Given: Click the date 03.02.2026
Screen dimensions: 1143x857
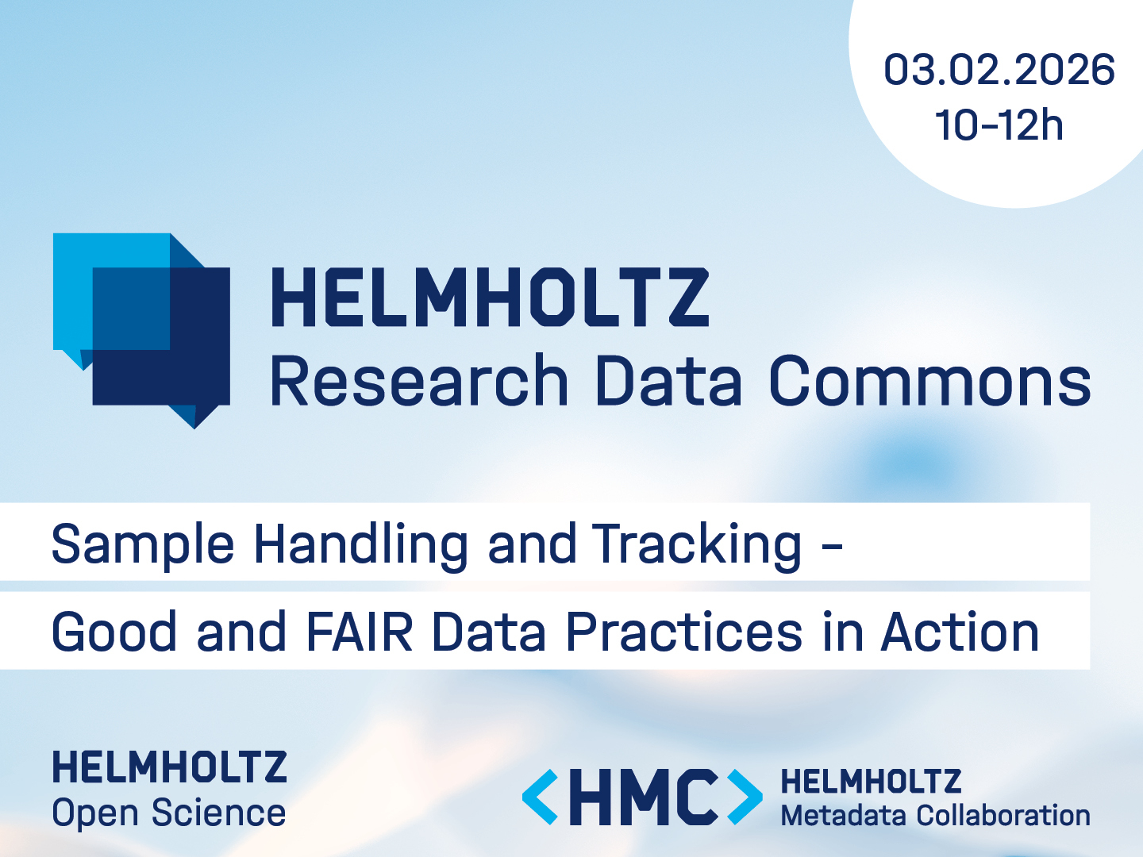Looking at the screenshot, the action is [x=999, y=70].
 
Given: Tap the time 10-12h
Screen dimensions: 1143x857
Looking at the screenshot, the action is [x=999, y=125].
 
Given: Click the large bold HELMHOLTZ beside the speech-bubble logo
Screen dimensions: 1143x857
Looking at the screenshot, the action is [x=490, y=297].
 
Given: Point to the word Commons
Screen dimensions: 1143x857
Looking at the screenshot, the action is [x=930, y=381].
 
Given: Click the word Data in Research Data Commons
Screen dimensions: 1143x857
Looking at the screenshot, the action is [x=668, y=381].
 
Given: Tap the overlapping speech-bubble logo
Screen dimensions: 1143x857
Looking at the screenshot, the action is [x=141, y=331].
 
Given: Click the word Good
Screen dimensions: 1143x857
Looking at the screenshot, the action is [x=114, y=631].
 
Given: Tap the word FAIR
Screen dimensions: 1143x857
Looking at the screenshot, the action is [x=360, y=631].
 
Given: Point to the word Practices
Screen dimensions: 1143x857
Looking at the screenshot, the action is [x=684, y=631].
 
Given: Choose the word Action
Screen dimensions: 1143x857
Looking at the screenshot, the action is [x=960, y=631].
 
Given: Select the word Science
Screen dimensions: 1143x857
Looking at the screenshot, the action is [x=219, y=813].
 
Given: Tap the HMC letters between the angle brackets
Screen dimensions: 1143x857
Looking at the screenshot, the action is [x=643, y=797].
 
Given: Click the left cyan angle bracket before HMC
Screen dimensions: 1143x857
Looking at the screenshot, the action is [x=540, y=797].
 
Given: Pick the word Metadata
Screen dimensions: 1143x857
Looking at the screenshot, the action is [x=844, y=816].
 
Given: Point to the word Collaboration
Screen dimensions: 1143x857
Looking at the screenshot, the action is [x=1003, y=816].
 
